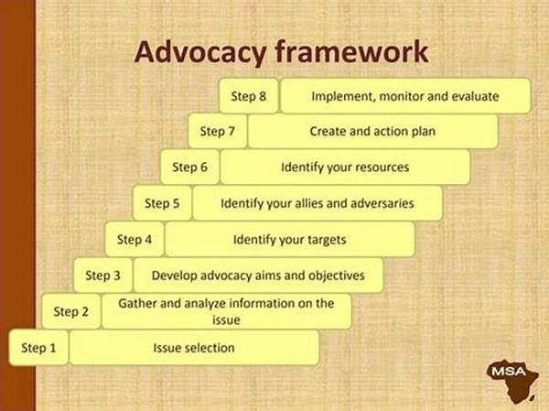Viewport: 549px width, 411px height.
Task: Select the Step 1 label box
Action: click(x=39, y=348)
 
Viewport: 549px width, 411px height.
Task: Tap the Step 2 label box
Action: click(x=71, y=311)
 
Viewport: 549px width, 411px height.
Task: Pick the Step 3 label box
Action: click(x=103, y=275)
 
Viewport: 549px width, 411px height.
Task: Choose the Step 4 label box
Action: click(x=135, y=240)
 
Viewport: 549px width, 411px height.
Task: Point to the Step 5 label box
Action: click(x=162, y=203)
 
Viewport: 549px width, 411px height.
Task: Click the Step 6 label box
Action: click(x=190, y=168)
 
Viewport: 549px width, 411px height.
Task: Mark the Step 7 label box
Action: click(x=218, y=132)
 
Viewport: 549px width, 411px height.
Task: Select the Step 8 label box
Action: click(x=248, y=96)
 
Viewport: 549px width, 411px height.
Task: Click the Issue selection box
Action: click(x=194, y=348)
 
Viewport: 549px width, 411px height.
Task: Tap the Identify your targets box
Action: click(x=289, y=240)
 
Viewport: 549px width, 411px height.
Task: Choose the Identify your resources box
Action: click(x=345, y=168)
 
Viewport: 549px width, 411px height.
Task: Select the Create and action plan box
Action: click(x=372, y=132)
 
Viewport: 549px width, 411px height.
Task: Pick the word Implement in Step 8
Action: click(x=341, y=96)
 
